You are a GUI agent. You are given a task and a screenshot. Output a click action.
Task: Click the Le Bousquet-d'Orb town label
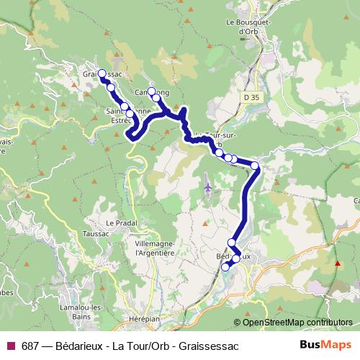coord(248,27)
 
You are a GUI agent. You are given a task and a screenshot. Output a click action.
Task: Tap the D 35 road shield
coord(250,96)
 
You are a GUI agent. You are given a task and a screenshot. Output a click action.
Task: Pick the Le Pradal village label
coord(120,222)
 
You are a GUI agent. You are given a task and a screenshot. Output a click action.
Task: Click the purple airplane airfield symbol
coord(207,188)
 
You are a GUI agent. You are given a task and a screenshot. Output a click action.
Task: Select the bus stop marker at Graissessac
coord(102,73)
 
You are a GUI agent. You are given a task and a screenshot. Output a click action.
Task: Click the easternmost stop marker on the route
coord(254,166)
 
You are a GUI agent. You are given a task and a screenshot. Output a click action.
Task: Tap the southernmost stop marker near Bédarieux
coord(225,266)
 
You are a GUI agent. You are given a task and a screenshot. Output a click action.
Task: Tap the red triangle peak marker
coord(337,262)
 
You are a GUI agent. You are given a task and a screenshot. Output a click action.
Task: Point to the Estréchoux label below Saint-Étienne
coord(120,121)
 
